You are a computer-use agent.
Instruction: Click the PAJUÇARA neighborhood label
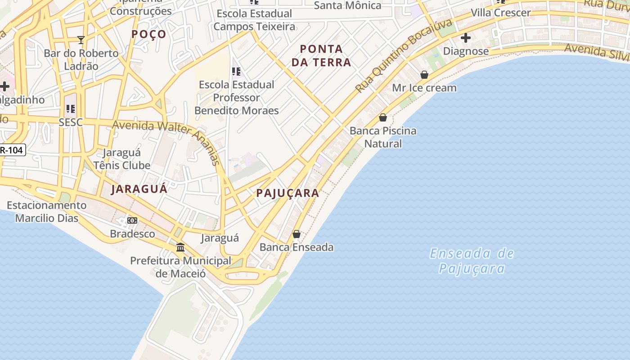tap(288, 193)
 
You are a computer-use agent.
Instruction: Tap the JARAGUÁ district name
tap(139, 189)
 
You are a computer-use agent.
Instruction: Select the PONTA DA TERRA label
tap(321, 55)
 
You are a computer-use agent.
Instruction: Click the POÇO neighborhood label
tap(149, 34)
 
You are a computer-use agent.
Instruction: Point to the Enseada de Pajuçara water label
tap(472, 261)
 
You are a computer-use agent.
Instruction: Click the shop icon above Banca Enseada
tap(297, 234)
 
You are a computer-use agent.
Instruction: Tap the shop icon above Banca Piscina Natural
tap(383, 117)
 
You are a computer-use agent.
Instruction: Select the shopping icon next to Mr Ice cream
tap(424, 75)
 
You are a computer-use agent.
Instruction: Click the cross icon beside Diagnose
tap(466, 38)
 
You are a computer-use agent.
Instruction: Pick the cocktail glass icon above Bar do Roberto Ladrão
tap(81, 40)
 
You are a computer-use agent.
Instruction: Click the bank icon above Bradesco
tap(132, 220)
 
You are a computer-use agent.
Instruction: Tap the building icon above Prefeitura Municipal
tap(180, 247)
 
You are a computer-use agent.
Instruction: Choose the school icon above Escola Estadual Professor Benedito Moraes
tap(236, 71)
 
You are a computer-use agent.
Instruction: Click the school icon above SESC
tap(71, 109)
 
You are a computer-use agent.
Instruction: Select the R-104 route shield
tap(12, 150)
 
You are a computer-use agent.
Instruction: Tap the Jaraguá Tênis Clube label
tap(122, 159)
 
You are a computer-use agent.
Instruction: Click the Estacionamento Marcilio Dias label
tap(47, 211)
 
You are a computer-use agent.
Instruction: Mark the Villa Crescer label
tap(500, 13)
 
